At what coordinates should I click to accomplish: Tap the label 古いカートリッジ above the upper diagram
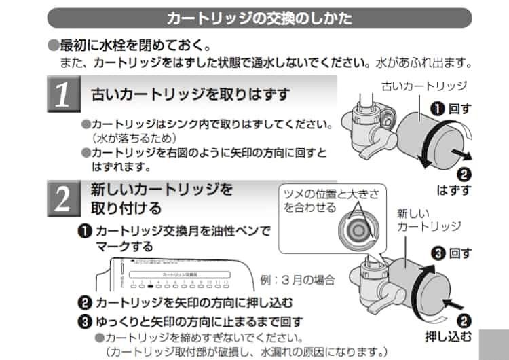pyautogui.click(x=424, y=86)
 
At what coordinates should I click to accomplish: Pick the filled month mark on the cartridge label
pyautogui.click(x=151, y=285)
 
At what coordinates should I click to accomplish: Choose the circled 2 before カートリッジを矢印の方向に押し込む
pyautogui.click(x=85, y=302)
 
